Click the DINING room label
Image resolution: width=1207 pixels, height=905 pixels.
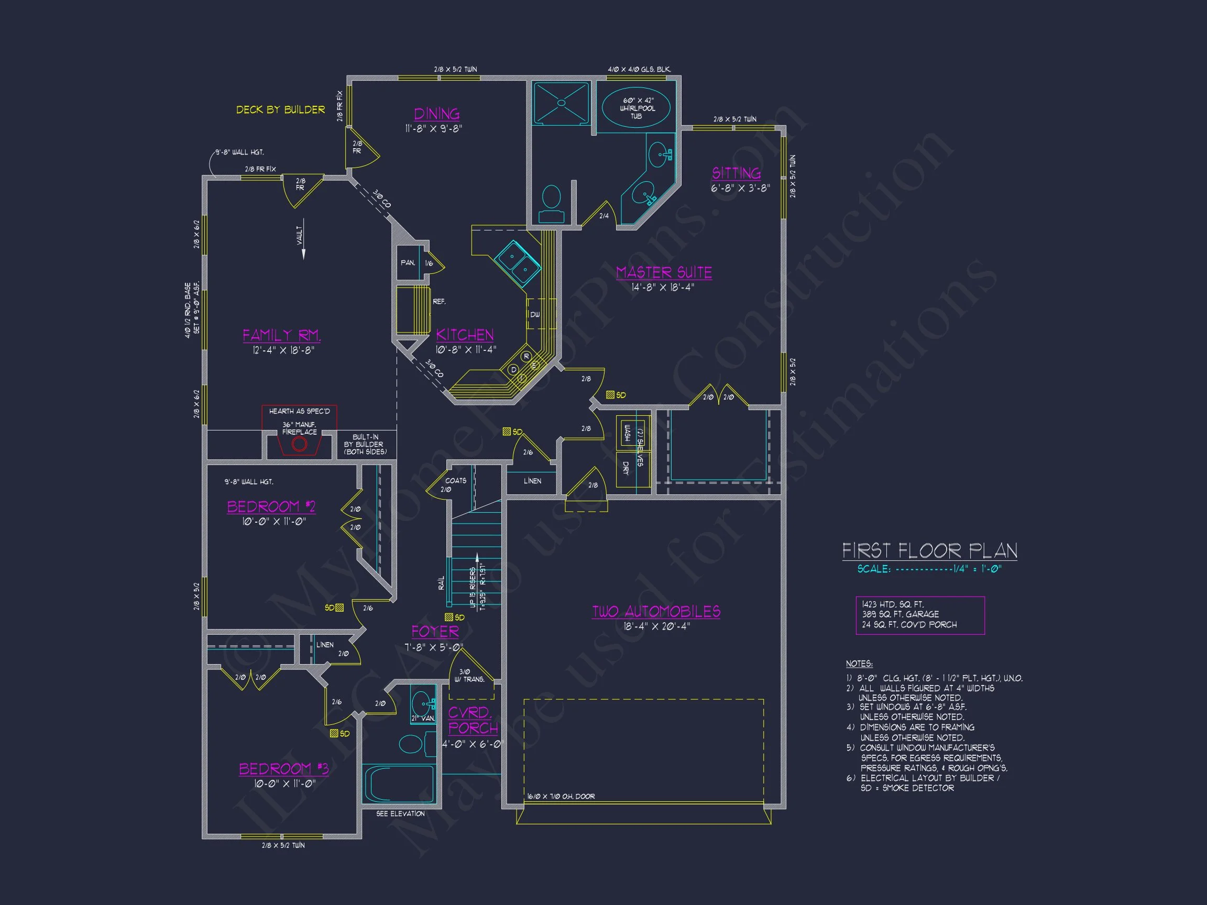[x=436, y=114]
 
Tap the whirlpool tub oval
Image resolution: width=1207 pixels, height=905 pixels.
[x=635, y=107]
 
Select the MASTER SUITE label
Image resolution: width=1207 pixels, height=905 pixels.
[x=664, y=272]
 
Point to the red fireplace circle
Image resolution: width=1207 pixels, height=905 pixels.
[x=299, y=444]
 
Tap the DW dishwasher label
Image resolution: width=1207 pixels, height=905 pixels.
[x=535, y=315]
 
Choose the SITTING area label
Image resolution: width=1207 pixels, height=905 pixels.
[x=736, y=173]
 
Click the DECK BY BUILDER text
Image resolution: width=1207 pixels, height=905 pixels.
[x=280, y=109]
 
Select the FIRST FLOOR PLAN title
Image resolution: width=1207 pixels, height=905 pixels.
[x=929, y=551]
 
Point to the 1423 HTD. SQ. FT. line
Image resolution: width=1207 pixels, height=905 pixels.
[x=892, y=604]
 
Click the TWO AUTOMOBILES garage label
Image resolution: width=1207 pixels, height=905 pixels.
[x=656, y=612]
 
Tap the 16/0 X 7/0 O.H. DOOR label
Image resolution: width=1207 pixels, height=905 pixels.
[x=561, y=797]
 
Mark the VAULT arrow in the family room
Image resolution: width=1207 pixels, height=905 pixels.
[x=303, y=240]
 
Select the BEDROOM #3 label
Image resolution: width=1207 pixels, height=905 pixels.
[x=284, y=769]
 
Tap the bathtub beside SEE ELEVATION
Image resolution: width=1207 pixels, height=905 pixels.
[x=399, y=784]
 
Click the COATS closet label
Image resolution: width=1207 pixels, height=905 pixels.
[x=456, y=481]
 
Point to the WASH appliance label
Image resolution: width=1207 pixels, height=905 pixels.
[x=627, y=434]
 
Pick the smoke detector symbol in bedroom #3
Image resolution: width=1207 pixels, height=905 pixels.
[x=334, y=734]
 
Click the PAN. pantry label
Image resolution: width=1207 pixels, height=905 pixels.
[x=408, y=263]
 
